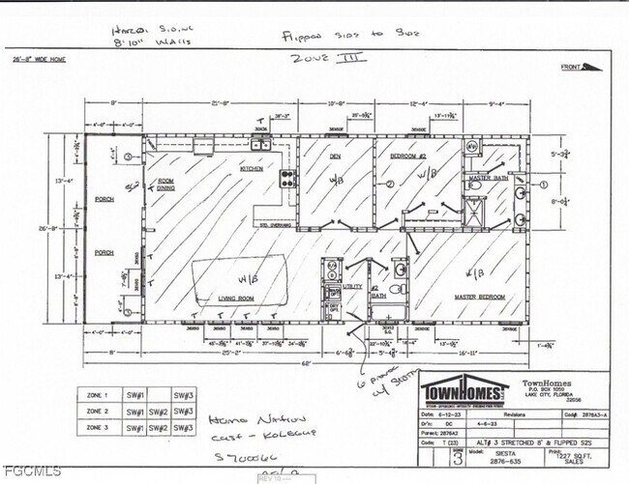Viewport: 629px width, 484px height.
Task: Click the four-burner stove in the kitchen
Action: [260, 179]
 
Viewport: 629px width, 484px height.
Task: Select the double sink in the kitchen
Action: [260, 146]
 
